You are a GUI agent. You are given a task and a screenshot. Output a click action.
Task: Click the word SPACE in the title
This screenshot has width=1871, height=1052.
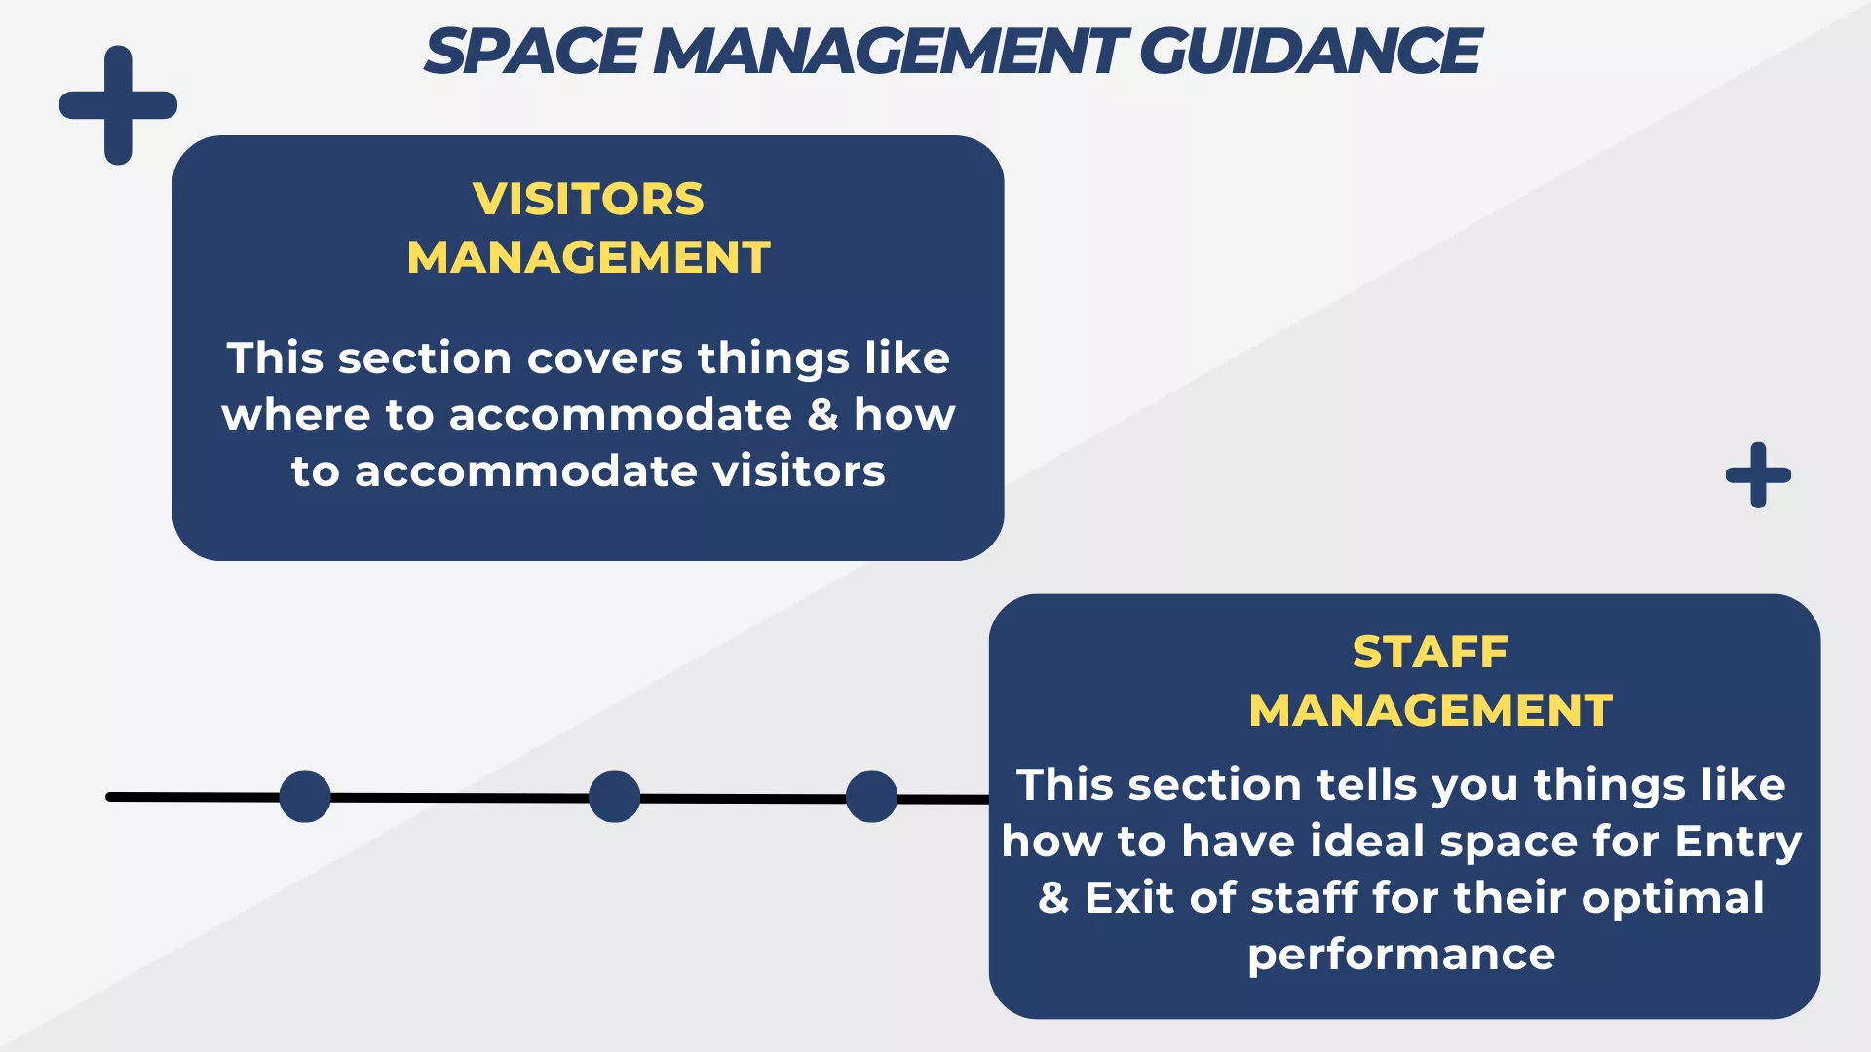[x=532, y=52]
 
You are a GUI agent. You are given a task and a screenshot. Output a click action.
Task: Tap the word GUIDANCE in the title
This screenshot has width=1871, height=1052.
[x=1310, y=52]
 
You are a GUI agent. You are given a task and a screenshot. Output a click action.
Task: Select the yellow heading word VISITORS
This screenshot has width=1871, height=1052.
[x=589, y=199]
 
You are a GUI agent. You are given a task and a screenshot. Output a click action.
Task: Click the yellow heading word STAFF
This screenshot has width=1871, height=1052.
[x=1431, y=652]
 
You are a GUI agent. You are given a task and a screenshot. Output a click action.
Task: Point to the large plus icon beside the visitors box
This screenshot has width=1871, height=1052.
[x=118, y=105]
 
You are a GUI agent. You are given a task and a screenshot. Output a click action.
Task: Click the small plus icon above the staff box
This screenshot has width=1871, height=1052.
[x=1758, y=475]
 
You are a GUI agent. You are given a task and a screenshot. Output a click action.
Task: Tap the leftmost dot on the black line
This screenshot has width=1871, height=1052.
[x=305, y=797]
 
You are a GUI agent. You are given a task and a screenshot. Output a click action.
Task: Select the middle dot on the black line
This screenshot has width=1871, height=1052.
[x=614, y=797]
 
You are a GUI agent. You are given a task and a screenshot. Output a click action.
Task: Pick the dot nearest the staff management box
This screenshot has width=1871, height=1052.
[x=871, y=797]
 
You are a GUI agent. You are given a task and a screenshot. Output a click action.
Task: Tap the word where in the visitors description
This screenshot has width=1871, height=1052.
[x=296, y=415]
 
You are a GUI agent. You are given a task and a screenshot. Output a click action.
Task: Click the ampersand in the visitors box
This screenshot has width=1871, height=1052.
[x=822, y=415]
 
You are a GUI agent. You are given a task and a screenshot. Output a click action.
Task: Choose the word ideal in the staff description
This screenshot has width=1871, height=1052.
[x=1368, y=841]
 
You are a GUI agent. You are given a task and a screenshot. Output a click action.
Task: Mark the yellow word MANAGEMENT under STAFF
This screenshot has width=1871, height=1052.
[x=1431, y=710]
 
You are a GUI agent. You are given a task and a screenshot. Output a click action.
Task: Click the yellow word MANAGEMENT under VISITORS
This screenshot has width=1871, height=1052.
[x=589, y=257]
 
